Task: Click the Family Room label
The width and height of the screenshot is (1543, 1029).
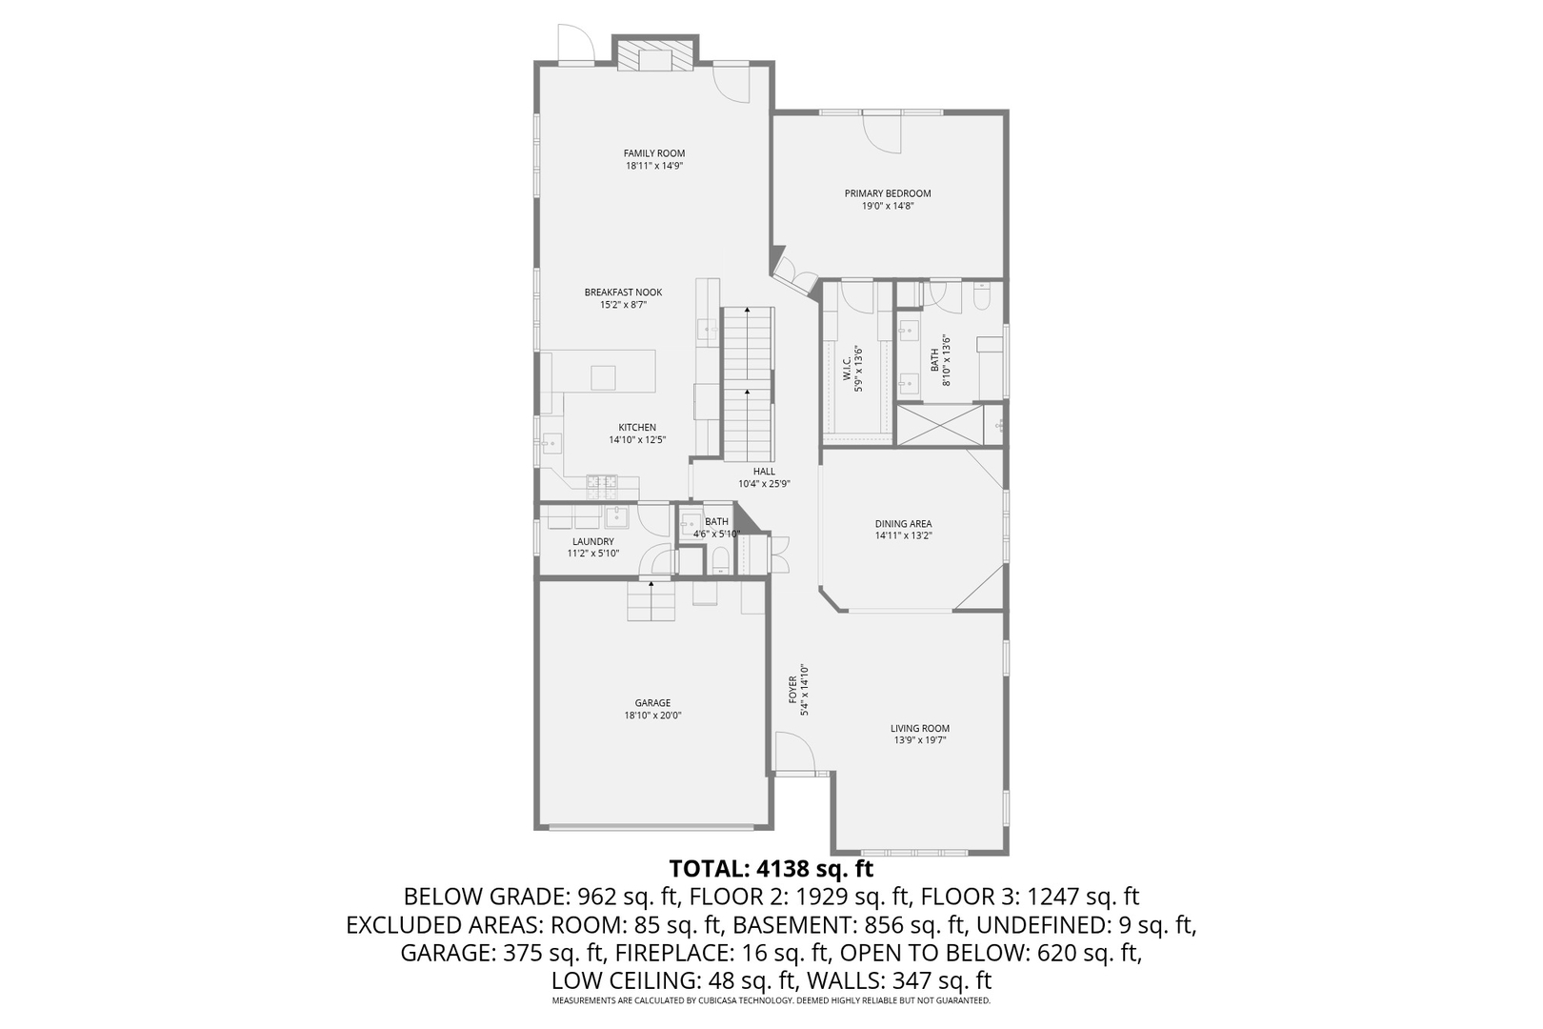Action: pyautogui.click(x=653, y=153)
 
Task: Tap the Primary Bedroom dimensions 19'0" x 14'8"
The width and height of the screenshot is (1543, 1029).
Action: pyautogui.click(x=887, y=206)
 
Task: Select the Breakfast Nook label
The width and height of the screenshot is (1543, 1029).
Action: pyautogui.click(x=623, y=293)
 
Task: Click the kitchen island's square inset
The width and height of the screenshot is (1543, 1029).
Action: pyautogui.click(x=603, y=377)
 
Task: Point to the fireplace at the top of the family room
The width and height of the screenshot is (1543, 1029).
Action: pyautogui.click(x=654, y=54)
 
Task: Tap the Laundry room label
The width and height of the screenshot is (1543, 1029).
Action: pyautogui.click(x=592, y=541)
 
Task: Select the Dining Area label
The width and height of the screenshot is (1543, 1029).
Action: pyautogui.click(x=903, y=523)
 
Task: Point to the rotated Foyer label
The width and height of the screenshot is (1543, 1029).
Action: pyautogui.click(x=798, y=690)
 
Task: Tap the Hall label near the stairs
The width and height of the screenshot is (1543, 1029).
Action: pyautogui.click(x=764, y=471)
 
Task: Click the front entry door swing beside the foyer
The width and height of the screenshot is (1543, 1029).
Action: pyautogui.click(x=792, y=753)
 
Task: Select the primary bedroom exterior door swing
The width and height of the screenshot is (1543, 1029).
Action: pyautogui.click(x=882, y=131)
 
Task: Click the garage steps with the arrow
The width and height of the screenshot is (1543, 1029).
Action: pyautogui.click(x=651, y=601)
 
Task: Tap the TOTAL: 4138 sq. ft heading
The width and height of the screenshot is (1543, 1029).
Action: pyautogui.click(x=771, y=868)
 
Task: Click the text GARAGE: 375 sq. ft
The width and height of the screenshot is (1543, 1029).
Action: pyautogui.click(x=502, y=952)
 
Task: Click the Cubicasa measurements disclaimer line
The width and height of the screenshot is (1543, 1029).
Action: pyautogui.click(x=771, y=1001)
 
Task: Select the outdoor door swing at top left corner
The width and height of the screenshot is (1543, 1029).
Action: pyautogui.click(x=574, y=43)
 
